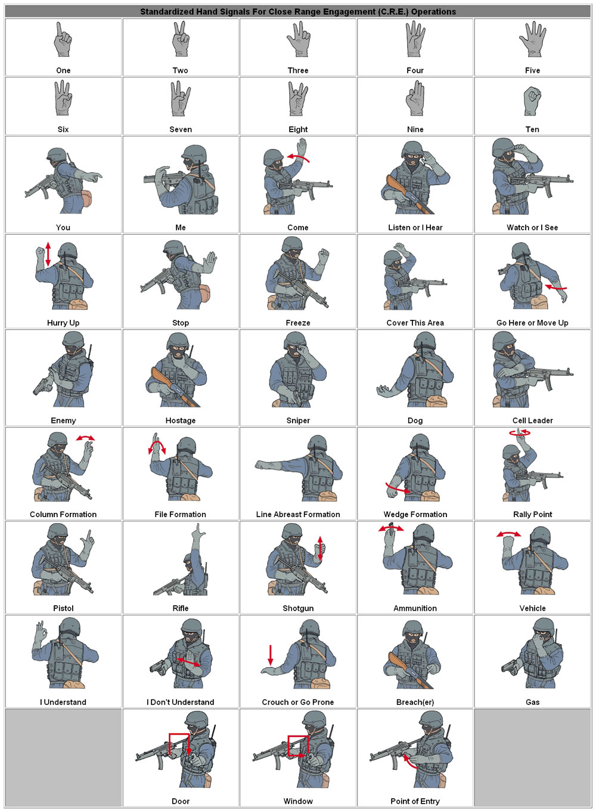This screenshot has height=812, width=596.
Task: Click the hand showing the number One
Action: pyautogui.click(x=62, y=42)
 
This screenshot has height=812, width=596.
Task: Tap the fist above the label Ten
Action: pyautogui.click(x=532, y=101)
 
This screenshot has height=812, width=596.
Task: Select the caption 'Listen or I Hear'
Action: pyautogui.click(x=415, y=228)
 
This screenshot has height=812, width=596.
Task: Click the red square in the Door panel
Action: pyautogui.click(x=178, y=744)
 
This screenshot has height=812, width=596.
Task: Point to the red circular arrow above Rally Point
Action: pyautogui.click(x=520, y=433)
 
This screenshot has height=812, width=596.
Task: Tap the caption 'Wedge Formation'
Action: pyautogui.click(x=415, y=514)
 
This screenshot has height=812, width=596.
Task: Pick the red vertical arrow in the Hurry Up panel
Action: pyautogui.click(x=48, y=254)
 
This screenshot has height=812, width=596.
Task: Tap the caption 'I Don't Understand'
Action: pyautogui.click(x=180, y=702)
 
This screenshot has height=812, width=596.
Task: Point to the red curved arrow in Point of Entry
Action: pyautogui.click(x=409, y=762)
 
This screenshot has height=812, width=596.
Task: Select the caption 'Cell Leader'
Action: pyautogui.click(x=532, y=421)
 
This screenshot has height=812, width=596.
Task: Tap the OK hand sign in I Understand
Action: pyautogui.click(x=41, y=631)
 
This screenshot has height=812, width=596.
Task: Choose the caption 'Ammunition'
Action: pyautogui.click(x=415, y=608)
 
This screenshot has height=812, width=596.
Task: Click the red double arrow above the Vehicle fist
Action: pyautogui.click(x=508, y=534)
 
